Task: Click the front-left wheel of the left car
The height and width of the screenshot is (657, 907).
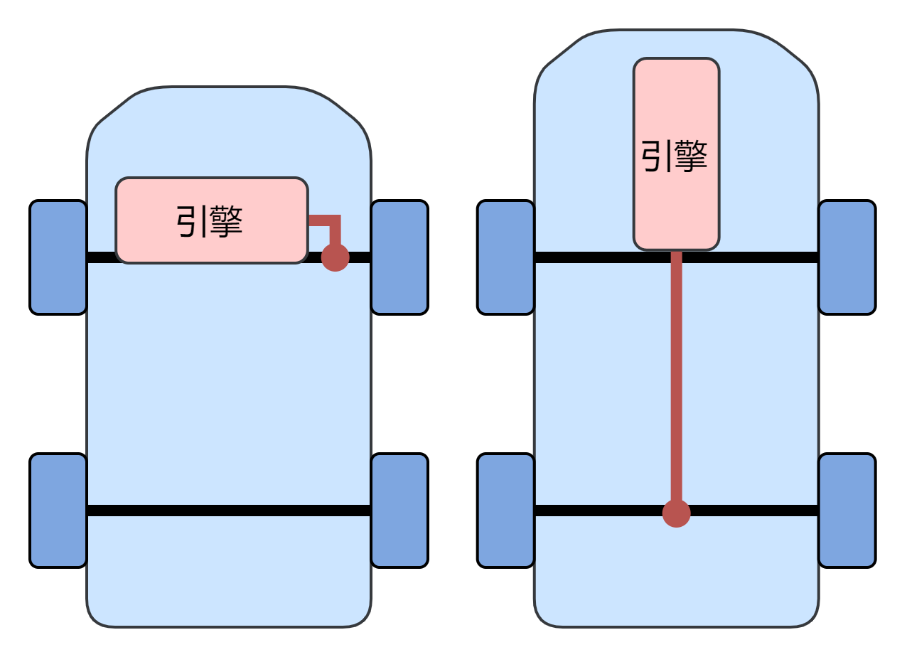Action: (58, 257)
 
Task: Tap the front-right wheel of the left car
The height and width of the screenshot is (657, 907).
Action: (399, 257)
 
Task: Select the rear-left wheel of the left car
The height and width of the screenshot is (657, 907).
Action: (58, 511)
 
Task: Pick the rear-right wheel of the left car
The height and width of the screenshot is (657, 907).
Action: (399, 511)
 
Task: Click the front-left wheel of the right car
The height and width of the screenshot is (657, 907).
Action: (506, 257)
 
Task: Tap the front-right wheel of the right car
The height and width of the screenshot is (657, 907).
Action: (847, 257)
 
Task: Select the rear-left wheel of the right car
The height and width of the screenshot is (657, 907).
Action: (506, 511)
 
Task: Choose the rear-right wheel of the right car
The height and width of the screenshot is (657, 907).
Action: (847, 511)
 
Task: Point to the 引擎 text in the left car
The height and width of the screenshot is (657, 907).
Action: (210, 222)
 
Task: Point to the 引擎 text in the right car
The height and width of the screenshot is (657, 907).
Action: (675, 156)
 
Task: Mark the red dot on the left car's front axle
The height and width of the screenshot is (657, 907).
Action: (336, 257)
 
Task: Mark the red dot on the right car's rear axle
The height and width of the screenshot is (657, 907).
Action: (677, 513)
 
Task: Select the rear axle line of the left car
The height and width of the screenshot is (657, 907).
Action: (227, 511)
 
